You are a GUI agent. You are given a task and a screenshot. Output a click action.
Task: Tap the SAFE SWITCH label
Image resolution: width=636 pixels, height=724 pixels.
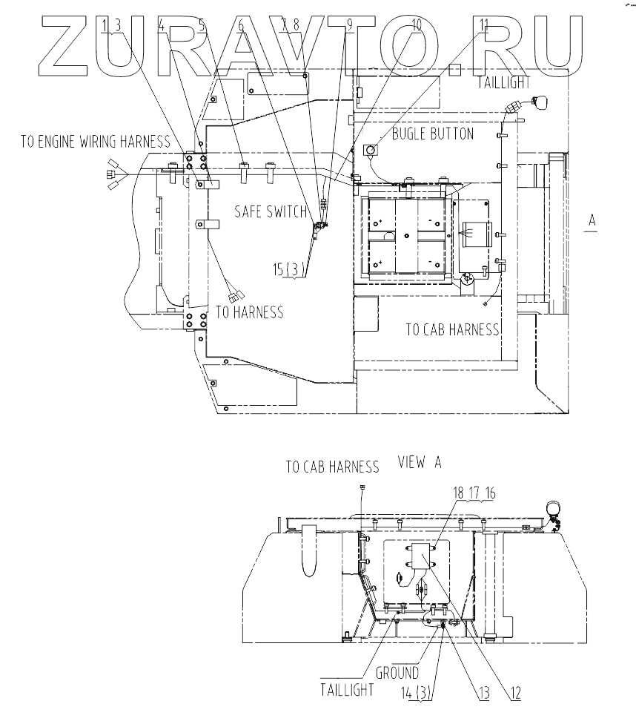[270, 211]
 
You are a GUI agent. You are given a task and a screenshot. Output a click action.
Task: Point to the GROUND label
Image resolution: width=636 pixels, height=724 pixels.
[397, 673]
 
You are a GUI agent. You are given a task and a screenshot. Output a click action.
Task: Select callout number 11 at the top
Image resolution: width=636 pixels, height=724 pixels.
[484, 25]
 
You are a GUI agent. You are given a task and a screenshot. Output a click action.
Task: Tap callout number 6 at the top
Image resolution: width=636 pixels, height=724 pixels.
[240, 25]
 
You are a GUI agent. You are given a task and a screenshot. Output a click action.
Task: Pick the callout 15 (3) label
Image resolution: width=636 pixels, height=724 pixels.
[288, 270]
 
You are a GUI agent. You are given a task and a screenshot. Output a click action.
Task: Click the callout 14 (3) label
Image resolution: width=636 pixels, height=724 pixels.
[417, 694]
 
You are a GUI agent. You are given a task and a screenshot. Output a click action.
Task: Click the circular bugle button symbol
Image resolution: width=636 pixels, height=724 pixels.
[370, 151]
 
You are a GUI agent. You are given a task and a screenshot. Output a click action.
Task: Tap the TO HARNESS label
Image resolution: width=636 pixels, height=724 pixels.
[249, 312]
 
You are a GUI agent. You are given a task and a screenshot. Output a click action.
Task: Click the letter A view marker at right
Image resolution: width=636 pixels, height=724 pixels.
[592, 220]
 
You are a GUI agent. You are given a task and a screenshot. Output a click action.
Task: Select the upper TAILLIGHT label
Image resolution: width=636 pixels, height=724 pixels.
[506, 82]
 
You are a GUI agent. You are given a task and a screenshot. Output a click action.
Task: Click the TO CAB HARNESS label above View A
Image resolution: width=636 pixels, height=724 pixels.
[333, 467]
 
